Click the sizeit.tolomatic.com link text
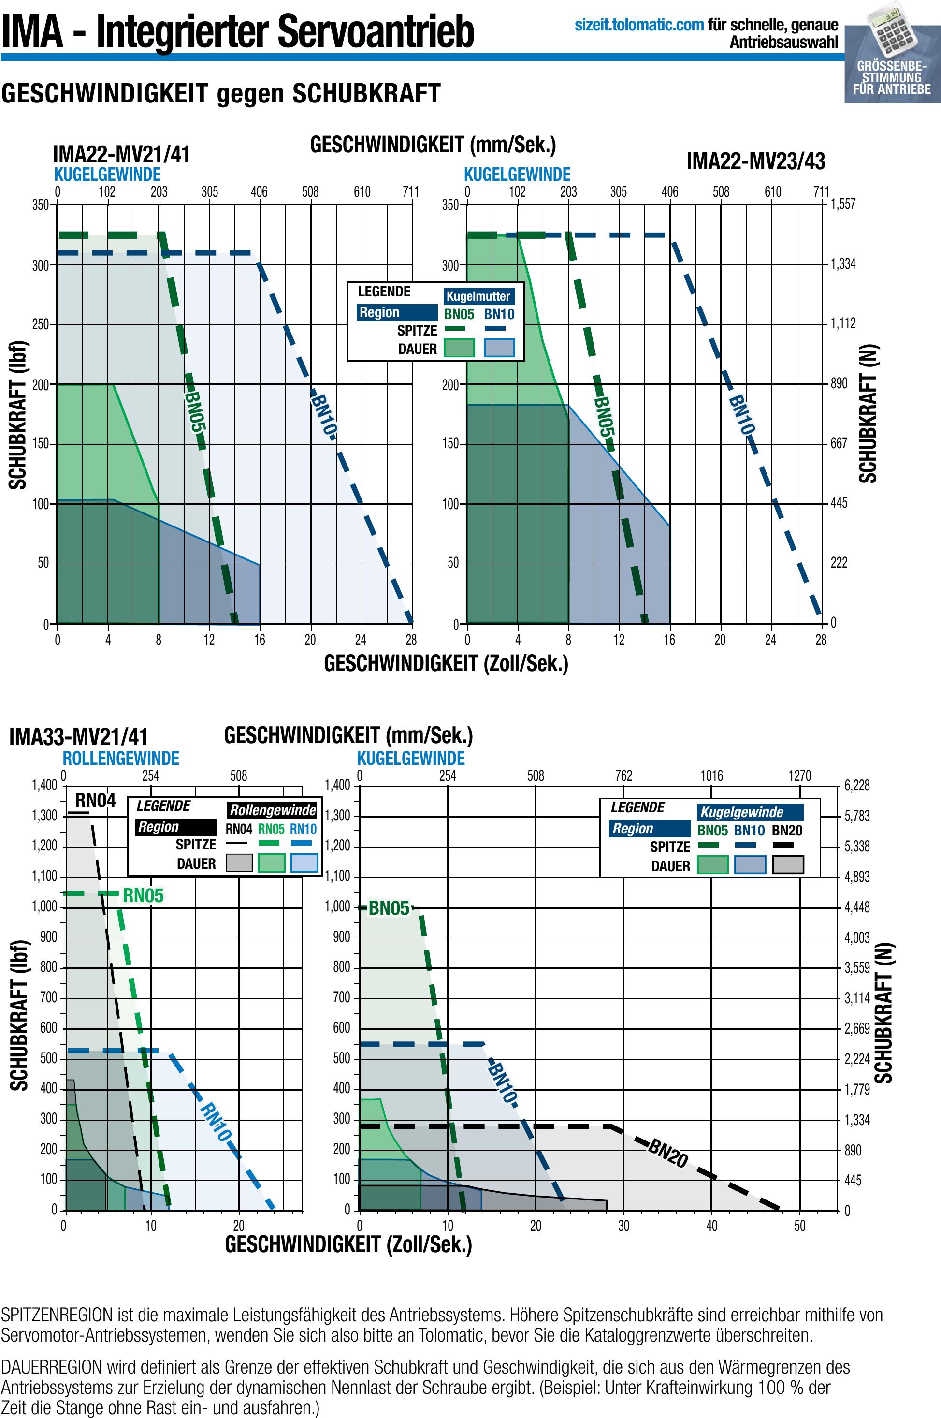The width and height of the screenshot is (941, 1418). (x=639, y=25)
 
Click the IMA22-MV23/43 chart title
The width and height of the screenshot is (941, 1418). (x=755, y=161)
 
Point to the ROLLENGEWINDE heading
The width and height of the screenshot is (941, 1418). (x=121, y=758)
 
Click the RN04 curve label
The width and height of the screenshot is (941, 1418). (x=95, y=800)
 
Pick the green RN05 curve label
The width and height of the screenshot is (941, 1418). (x=143, y=896)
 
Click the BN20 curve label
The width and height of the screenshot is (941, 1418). (x=667, y=1154)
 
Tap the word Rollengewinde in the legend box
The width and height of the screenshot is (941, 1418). (x=273, y=810)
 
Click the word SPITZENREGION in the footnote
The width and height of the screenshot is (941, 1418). (x=57, y=1315)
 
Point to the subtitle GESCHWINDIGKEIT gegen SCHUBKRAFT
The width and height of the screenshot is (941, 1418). (x=221, y=94)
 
